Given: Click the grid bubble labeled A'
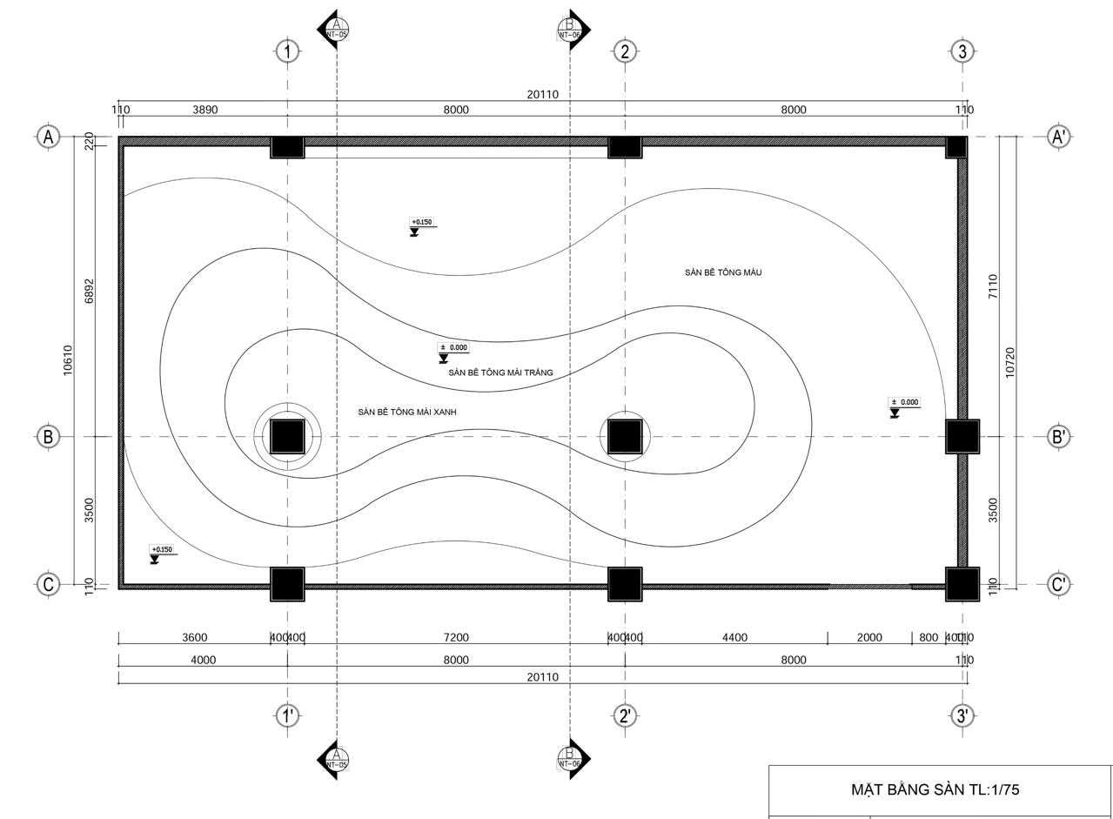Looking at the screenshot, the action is pyautogui.click(x=1059, y=137).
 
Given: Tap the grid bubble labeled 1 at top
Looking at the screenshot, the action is pyautogui.click(x=288, y=51).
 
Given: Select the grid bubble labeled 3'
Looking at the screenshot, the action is pyautogui.click(x=962, y=715).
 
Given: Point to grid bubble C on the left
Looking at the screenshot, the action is pyautogui.click(x=49, y=585).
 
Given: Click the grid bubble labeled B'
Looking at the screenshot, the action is pyautogui.click(x=1059, y=436).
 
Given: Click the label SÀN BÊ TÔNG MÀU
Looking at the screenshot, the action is pyautogui.click(x=722, y=272).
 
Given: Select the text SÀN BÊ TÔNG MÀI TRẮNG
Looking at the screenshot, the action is pyautogui.click(x=500, y=373).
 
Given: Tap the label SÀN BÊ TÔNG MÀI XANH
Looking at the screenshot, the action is pyautogui.click(x=406, y=412).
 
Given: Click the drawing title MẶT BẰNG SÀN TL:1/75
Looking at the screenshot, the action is pyautogui.click(x=935, y=790).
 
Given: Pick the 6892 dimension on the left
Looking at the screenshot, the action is pyautogui.click(x=89, y=291).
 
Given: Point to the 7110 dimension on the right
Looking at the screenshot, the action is pyautogui.click(x=993, y=286).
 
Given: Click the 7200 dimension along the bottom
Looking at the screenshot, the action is pyautogui.click(x=456, y=638).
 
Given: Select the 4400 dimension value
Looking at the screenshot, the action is pyautogui.click(x=734, y=638).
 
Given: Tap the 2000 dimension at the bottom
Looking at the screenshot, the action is pyautogui.click(x=869, y=638).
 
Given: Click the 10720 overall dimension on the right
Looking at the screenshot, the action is pyautogui.click(x=1010, y=361).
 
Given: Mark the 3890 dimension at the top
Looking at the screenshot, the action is pyautogui.click(x=205, y=110).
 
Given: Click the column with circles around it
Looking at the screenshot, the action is pyautogui.click(x=287, y=436).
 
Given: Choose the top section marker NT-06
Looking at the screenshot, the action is pyautogui.click(x=571, y=30).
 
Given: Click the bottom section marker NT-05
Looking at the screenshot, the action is pyautogui.click(x=336, y=759).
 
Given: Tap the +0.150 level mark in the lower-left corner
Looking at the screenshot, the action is pyautogui.click(x=161, y=551).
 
